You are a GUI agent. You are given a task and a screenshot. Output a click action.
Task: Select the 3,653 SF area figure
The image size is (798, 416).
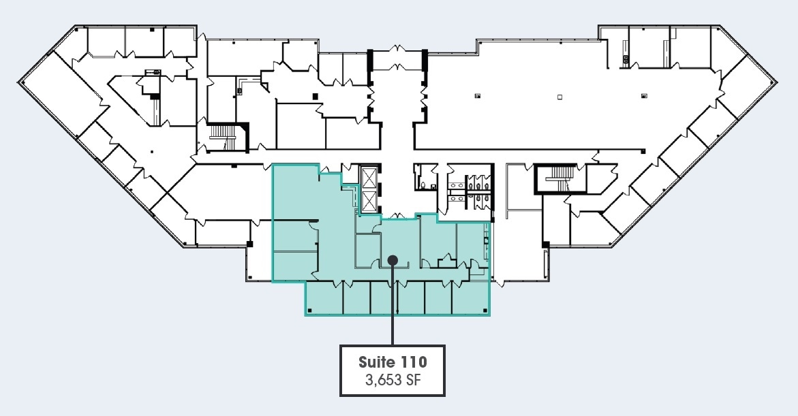(x=393, y=379)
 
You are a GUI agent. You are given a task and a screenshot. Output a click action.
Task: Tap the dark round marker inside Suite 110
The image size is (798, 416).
(x=393, y=259)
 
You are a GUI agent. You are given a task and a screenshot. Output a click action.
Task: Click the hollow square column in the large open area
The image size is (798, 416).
(x=559, y=97)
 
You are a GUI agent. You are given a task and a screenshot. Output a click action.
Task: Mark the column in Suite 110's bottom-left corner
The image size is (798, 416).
(x=309, y=311)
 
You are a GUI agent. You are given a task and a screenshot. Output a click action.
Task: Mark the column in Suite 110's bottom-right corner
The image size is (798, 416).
(x=485, y=311)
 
